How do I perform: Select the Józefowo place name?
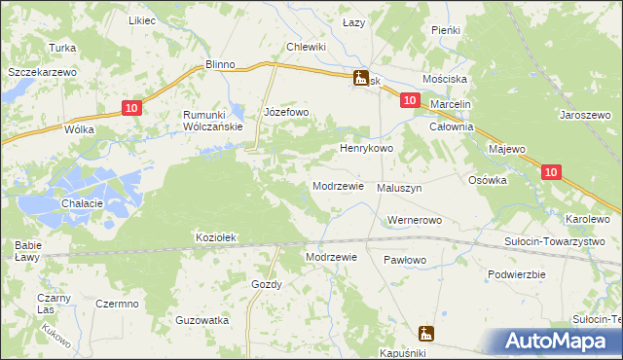coord(286,113)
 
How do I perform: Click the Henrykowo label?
coord(365,149)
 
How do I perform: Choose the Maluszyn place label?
coord(399,188)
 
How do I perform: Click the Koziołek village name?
coord(217,237)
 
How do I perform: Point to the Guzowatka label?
coord(202,320)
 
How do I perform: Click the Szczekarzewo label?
coord(42,73)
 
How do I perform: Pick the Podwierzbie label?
coord(515,274)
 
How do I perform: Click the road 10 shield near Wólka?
coord(133,109)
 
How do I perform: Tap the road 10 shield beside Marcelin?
coord(409,100)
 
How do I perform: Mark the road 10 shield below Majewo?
coord(551,172)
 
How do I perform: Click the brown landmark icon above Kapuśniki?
coord(426,333)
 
